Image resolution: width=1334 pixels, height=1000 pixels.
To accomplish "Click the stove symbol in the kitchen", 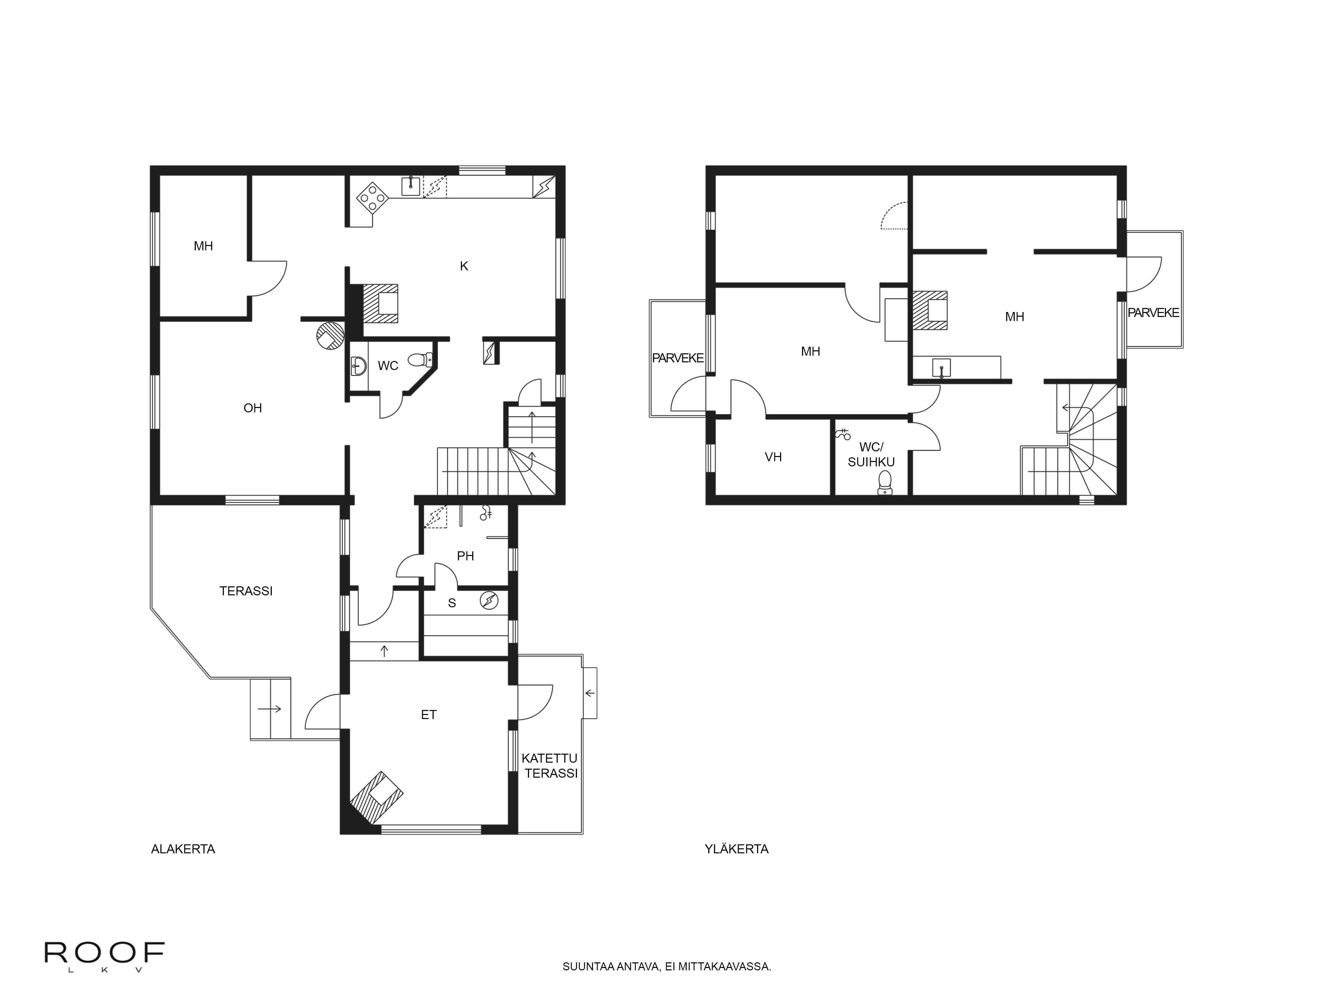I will click(x=372, y=197).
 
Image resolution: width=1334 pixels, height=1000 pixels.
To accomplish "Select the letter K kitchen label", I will click(x=464, y=266).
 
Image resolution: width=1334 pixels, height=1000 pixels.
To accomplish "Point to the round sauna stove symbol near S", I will click(x=489, y=601).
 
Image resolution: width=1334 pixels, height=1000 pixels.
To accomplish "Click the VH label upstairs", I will click(x=773, y=457).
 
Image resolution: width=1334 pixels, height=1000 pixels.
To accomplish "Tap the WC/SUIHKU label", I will click(x=871, y=454).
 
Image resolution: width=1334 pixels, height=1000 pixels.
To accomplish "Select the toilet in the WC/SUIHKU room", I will click(x=885, y=482).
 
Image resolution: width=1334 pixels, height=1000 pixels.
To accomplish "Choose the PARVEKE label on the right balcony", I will click(x=1153, y=313).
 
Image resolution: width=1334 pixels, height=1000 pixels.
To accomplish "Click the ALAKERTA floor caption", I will click(x=183, y=849).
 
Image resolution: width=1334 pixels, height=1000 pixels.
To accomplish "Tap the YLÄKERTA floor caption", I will click(x=736, y=849).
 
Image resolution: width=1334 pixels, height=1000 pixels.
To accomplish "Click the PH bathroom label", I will click(x=465, y=556).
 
